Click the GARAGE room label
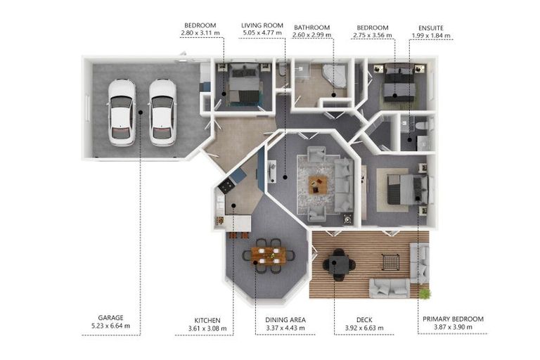click(110, 318)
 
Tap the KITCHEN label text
click(207, 321)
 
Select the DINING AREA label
click(285, 320)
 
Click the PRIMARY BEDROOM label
click(453, 319)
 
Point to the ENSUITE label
click(431, 28)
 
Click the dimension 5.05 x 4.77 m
click(262, 33)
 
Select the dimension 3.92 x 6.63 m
click(364, 328)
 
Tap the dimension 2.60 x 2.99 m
click(311, 35)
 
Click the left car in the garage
click(122, 112)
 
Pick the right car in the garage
click(162, 112)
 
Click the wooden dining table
click(269, 255)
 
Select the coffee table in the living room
click(319, 184)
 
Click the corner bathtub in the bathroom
click(335, 76)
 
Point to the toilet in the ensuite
click(423, 124)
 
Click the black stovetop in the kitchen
click(226, 186)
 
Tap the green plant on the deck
click(425, 293)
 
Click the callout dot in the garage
click(140, 112)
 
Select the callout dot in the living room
click(285, 177)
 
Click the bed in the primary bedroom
click(408, 189)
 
